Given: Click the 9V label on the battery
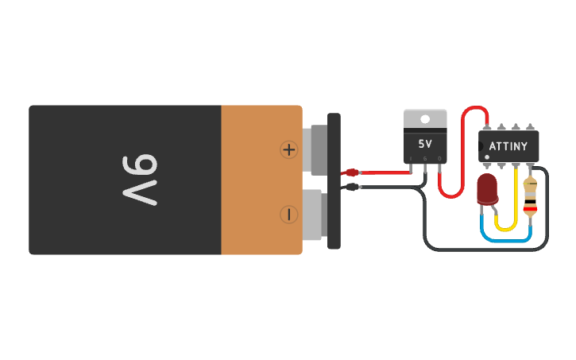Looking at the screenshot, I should point(140,180).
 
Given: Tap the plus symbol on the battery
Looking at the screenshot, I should point(288,149).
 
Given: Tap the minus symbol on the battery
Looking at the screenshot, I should point(288,214).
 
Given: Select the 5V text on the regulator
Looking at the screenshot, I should point(425,145).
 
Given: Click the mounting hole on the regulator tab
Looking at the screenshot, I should point(425,119).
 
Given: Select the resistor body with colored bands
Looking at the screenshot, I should point(530,198).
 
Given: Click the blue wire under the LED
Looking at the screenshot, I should point(505,239).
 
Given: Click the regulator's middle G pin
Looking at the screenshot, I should point(425,163).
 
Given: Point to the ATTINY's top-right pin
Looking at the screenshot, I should point(531,126).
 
